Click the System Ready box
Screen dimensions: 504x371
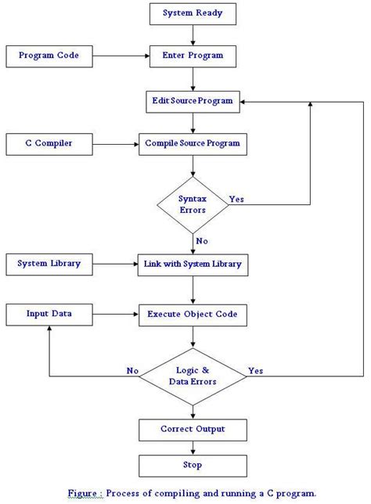coord(193,13)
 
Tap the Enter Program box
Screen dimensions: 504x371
coord(193,56)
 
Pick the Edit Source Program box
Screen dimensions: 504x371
coord(193,102)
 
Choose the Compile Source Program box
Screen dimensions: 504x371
coord(193,144)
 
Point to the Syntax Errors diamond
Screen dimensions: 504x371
coord(193,205)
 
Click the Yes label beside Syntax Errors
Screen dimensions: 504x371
coord(236,199)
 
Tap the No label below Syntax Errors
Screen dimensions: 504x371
coord(202,242)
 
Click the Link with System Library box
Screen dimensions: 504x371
coord(193,265)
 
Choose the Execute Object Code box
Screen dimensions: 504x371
coord(193,315)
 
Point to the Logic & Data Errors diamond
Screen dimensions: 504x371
coord(193,376)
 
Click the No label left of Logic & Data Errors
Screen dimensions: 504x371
coord(134,369)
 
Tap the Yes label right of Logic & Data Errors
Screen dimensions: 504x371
coord(255,369)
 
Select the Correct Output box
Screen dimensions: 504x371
coord(193,429)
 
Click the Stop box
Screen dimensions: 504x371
coord(193,465)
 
